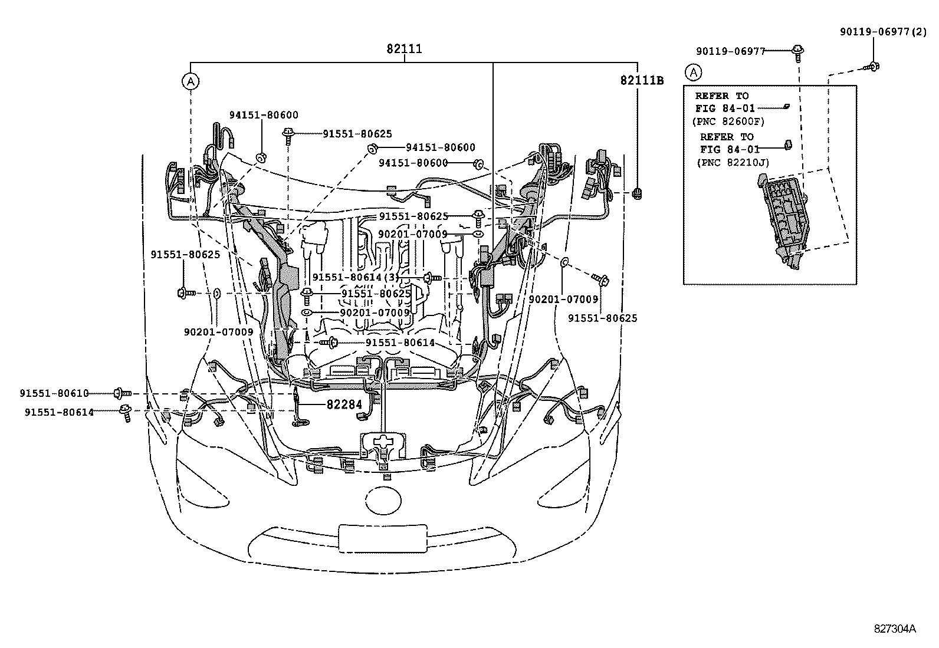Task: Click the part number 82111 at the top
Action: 404,49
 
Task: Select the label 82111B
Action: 641,80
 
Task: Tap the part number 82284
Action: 344,404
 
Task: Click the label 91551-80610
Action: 54,393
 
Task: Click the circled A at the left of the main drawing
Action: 191,81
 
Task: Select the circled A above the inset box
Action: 694,73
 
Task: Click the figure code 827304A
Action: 894,629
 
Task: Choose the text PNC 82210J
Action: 733,162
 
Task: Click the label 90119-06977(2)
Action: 883,33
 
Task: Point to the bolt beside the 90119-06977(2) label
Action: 874,67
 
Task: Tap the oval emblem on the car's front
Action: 383,500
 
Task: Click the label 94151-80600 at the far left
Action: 264,116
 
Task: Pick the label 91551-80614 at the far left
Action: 59,412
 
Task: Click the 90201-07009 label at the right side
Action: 563,300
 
